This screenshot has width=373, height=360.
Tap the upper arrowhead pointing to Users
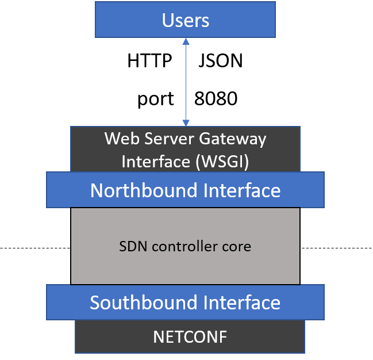(186, 42)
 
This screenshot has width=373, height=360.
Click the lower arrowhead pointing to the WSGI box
(186, 122)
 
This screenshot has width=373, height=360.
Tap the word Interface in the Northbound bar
(244, 190)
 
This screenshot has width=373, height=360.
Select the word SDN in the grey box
(132, 247)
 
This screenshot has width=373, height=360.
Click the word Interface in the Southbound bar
(244, 302)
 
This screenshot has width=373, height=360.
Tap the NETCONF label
(190, 337)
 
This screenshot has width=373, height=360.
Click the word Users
(186, 21)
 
